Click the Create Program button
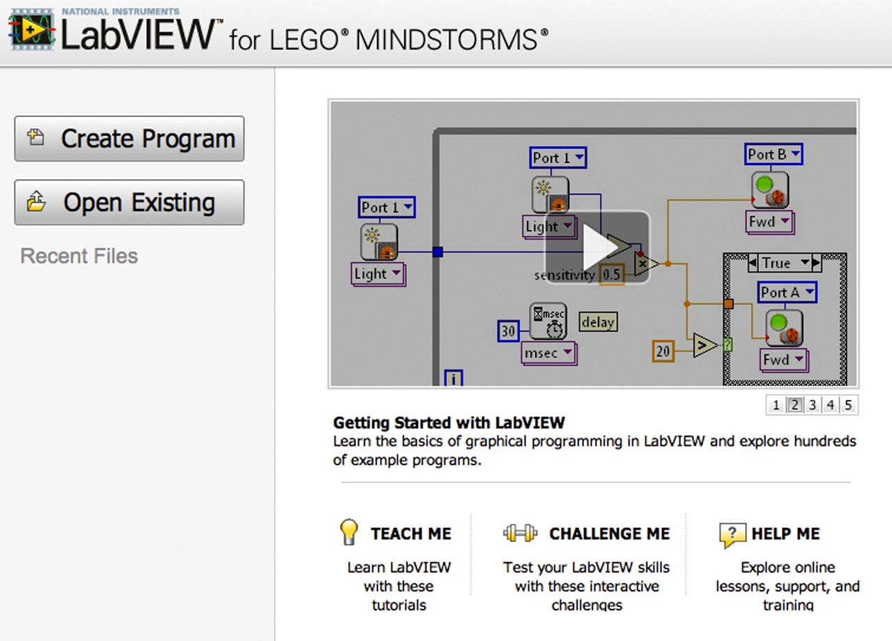tap(129, 139)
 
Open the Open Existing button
tap(129, 203)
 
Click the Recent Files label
tap(79, 256)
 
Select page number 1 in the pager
tap(776, 405)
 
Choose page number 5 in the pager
tap(848, 405)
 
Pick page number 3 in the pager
tap(813, 405)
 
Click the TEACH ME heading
tap(410, 534)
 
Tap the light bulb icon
tap(348, 532)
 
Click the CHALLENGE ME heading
tap(609, 534)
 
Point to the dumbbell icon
tap(520, 534)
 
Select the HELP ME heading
tap(785, 534)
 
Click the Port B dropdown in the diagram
tap(774, 154)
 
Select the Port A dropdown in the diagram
tap(787, 293)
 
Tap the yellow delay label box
tap(598, 322)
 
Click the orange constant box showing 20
tap(663, 351)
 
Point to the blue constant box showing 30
tap(508, 331)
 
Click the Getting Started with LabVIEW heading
tap(449, 422)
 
